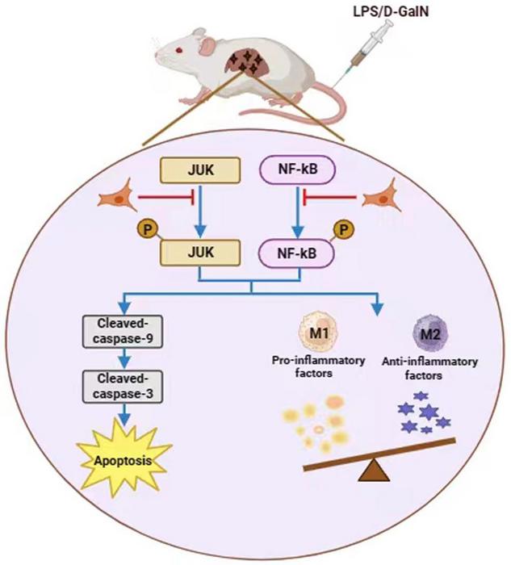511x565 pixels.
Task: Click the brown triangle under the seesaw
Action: pos(375,470)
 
